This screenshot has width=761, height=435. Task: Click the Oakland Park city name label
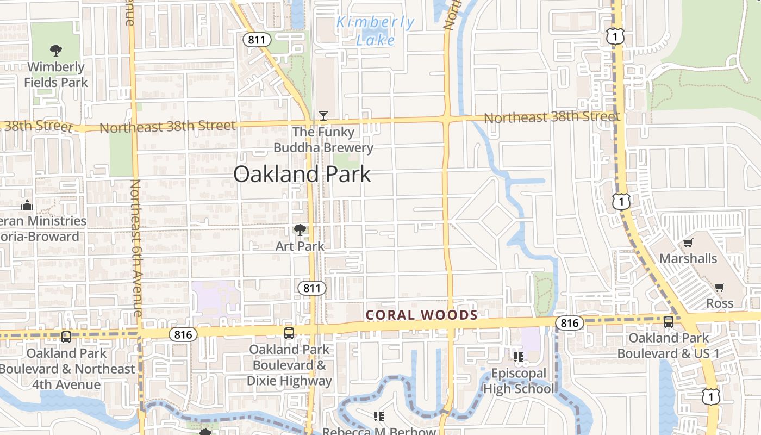point(302,174)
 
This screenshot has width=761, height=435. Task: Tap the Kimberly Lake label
point(375,30)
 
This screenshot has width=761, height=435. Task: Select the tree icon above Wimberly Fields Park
point(55,51)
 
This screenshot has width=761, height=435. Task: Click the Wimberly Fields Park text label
point(55,75)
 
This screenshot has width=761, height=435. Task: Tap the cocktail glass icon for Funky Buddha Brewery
point(323,115)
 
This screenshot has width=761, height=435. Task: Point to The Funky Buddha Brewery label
point(323,140)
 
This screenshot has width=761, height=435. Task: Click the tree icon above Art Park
point(300,230)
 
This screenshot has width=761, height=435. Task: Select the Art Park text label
point(300,246)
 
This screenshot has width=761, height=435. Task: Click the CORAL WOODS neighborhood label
point(422,315)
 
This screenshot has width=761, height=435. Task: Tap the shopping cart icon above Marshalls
point(688,243)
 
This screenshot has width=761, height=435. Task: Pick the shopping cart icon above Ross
point(720,287)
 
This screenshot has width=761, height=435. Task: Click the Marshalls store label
point(688,258)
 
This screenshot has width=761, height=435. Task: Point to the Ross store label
point(720,303)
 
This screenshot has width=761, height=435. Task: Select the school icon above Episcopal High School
point(518,357)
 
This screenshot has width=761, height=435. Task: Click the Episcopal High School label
point(518,381)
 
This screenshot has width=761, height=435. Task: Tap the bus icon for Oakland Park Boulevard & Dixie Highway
point(289,333)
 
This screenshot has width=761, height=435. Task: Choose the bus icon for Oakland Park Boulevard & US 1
point(669,322)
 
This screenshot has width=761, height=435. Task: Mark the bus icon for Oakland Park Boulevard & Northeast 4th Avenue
point(66,337)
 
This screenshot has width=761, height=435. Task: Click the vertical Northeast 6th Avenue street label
point(135,248)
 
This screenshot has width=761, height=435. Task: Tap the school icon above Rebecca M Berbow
point(379,417)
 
